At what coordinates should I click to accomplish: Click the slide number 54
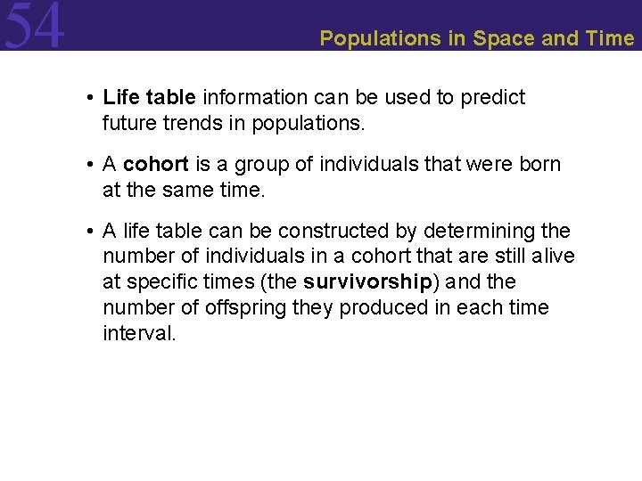(x=34, y=27)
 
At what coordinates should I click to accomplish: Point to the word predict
(x=493, y=97)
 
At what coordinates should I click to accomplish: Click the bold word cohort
(x=156, y=165)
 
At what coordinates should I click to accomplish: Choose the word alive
(x=553, y=257)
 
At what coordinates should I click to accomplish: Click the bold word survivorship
(x=367, y=283)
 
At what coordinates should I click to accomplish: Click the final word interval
(x=139, y=334)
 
